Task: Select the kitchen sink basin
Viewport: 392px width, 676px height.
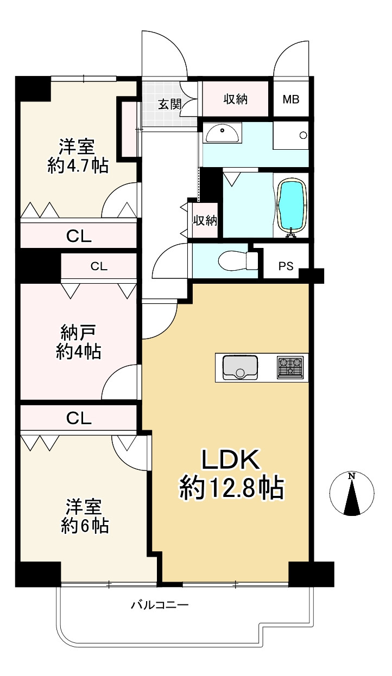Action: coord(240,367)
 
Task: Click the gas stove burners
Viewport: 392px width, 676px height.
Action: coord(290,367)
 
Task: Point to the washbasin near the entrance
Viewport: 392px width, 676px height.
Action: coord(222,132)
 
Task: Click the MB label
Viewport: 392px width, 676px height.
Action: coord(291,99)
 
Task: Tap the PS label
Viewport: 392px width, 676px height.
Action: coord(286,266)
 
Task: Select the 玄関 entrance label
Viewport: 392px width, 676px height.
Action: coord(170,104)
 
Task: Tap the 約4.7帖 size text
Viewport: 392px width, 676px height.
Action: coord(78,165)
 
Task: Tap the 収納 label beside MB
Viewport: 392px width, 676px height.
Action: coord(236,99)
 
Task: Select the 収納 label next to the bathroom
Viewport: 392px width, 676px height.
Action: coord(205,221)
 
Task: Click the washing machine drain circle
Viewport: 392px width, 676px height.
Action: coord(303,135)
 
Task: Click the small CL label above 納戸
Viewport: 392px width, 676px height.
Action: coord(99,266)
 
